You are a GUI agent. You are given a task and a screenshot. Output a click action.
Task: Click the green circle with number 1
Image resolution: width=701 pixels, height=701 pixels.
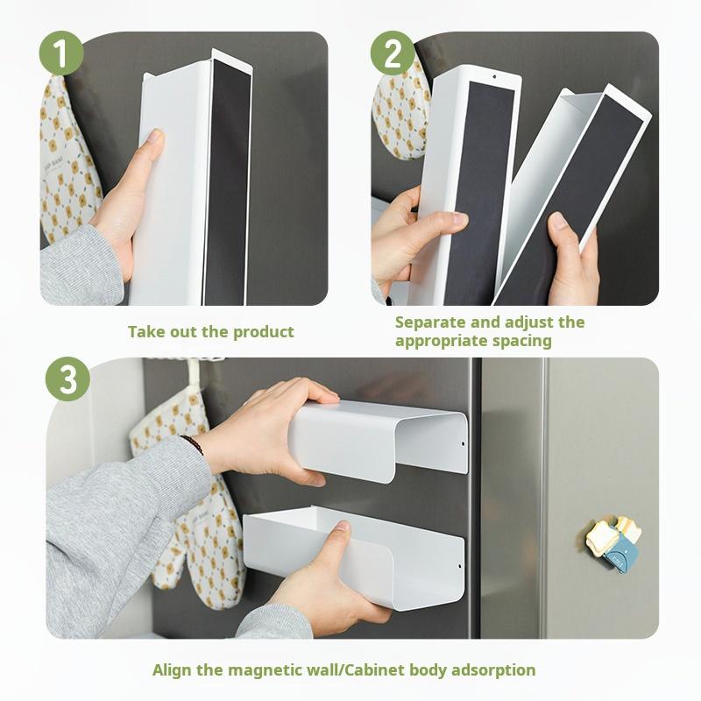click(61, 54)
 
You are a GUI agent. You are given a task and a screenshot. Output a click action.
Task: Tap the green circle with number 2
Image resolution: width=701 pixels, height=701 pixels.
click(393, 54)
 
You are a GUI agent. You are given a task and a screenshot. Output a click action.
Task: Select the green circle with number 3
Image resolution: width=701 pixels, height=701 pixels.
click(67, 379)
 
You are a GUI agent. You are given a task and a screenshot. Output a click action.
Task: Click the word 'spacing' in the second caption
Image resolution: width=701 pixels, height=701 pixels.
click(522, 341)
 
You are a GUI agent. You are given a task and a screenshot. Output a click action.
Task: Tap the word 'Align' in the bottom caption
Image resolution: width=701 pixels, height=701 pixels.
click(173, 670)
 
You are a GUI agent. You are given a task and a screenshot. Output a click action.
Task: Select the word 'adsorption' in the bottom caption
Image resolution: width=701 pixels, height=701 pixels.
click(492, 670)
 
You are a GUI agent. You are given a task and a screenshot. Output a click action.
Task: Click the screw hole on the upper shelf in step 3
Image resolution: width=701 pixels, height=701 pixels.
click(464, 444)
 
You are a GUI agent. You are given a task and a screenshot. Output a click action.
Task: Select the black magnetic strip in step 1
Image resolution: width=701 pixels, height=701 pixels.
click(227, 175)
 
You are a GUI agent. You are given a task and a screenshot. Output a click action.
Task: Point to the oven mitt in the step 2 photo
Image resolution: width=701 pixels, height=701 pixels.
click(399, 114)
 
